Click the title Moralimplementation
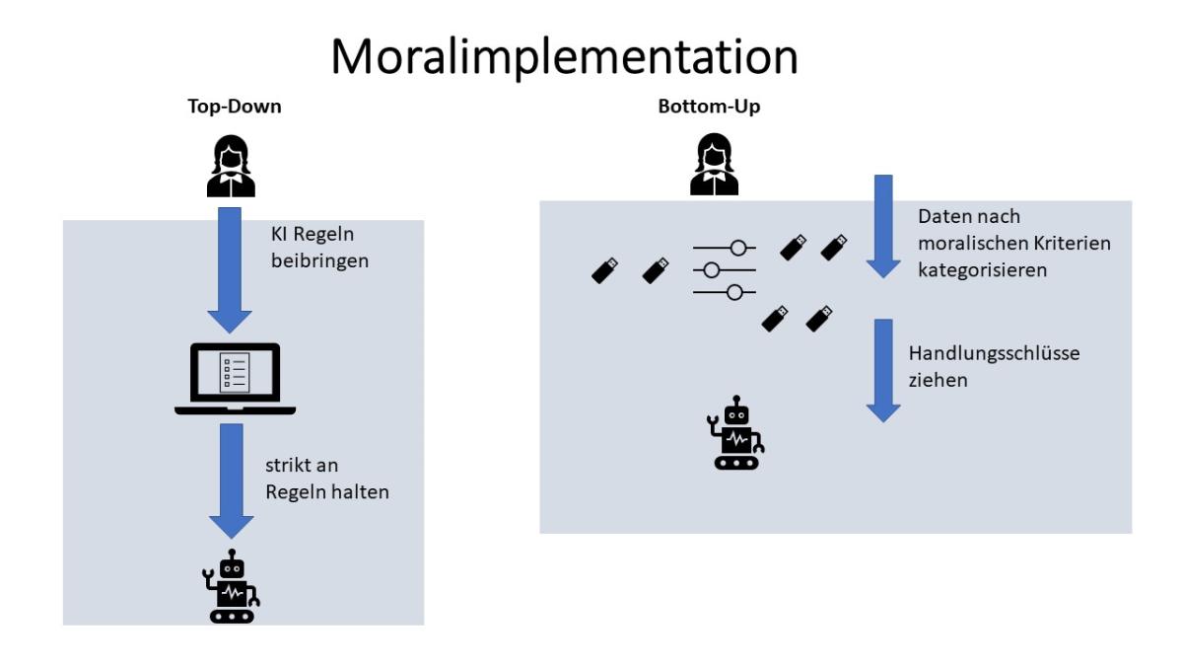point(564,56)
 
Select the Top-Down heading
point(236,108)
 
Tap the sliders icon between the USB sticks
point(724,269)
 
